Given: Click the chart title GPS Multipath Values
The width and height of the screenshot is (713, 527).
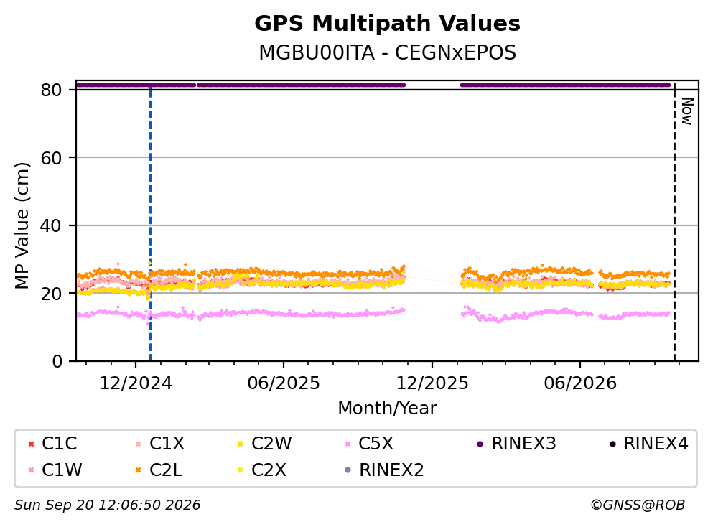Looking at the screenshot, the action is [x=387, y=24].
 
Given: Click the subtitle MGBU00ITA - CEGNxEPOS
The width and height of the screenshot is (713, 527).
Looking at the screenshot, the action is [x=387, y=52].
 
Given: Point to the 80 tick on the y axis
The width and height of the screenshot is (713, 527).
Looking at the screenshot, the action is [x=51, y=90].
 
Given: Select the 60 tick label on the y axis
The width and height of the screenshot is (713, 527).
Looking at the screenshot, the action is [x=51, y=158].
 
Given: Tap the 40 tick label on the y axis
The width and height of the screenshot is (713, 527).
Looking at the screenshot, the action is [x=51, y=225].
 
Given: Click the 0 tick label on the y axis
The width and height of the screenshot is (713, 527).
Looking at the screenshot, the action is [x=57, y=361].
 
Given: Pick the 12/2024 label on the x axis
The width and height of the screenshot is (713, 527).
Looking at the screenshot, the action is [x=136, y=383].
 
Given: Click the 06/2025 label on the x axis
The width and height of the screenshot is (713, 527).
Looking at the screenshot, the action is [x=284, y=383].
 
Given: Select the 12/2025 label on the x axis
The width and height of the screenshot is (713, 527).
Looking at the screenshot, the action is [x=432, y=383].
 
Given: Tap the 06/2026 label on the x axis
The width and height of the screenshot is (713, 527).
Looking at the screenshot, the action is [x=579, y=383].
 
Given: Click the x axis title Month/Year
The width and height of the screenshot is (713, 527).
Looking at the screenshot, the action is [x=387, y=409].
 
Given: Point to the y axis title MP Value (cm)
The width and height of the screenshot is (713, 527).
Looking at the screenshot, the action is [x=22, y=225].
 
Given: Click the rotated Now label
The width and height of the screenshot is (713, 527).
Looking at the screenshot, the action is [x=687, y=111].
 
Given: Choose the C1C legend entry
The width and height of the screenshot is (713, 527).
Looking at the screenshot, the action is [x=52, y=443].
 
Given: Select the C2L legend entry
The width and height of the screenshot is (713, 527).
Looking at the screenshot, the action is [x=159, y=470].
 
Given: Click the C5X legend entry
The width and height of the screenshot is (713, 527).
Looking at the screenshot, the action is [x=369, y=443].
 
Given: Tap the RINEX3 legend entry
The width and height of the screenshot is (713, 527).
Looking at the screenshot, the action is [x=516, y=443].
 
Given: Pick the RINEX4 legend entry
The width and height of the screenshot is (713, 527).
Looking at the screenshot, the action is [x=649, y=443].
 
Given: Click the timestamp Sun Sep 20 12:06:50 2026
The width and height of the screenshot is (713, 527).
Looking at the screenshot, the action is [x=107, y=505].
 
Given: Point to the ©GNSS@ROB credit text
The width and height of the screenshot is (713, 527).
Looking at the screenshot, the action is [x=638, y=505].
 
